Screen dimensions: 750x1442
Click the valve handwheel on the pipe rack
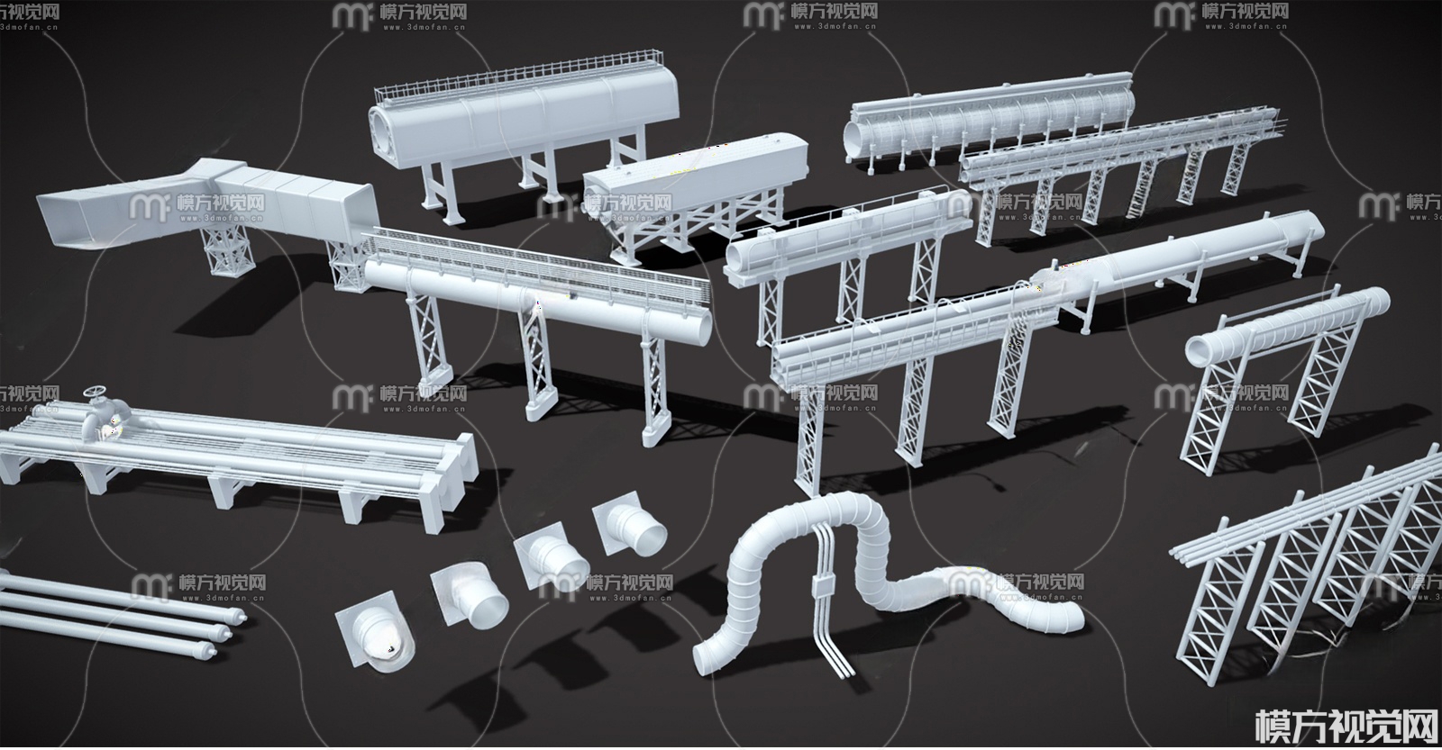click(95, 396)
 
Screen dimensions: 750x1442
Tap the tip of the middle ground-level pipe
click(227, 631)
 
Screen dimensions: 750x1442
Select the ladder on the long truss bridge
click(1133, 198)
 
